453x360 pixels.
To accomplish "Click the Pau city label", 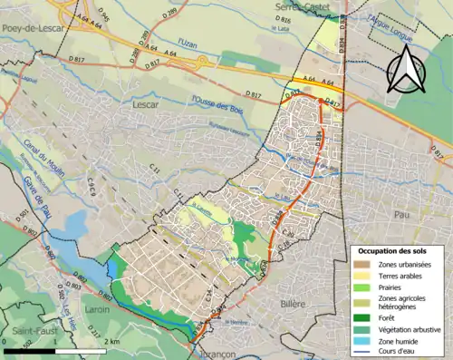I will point(400,215).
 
